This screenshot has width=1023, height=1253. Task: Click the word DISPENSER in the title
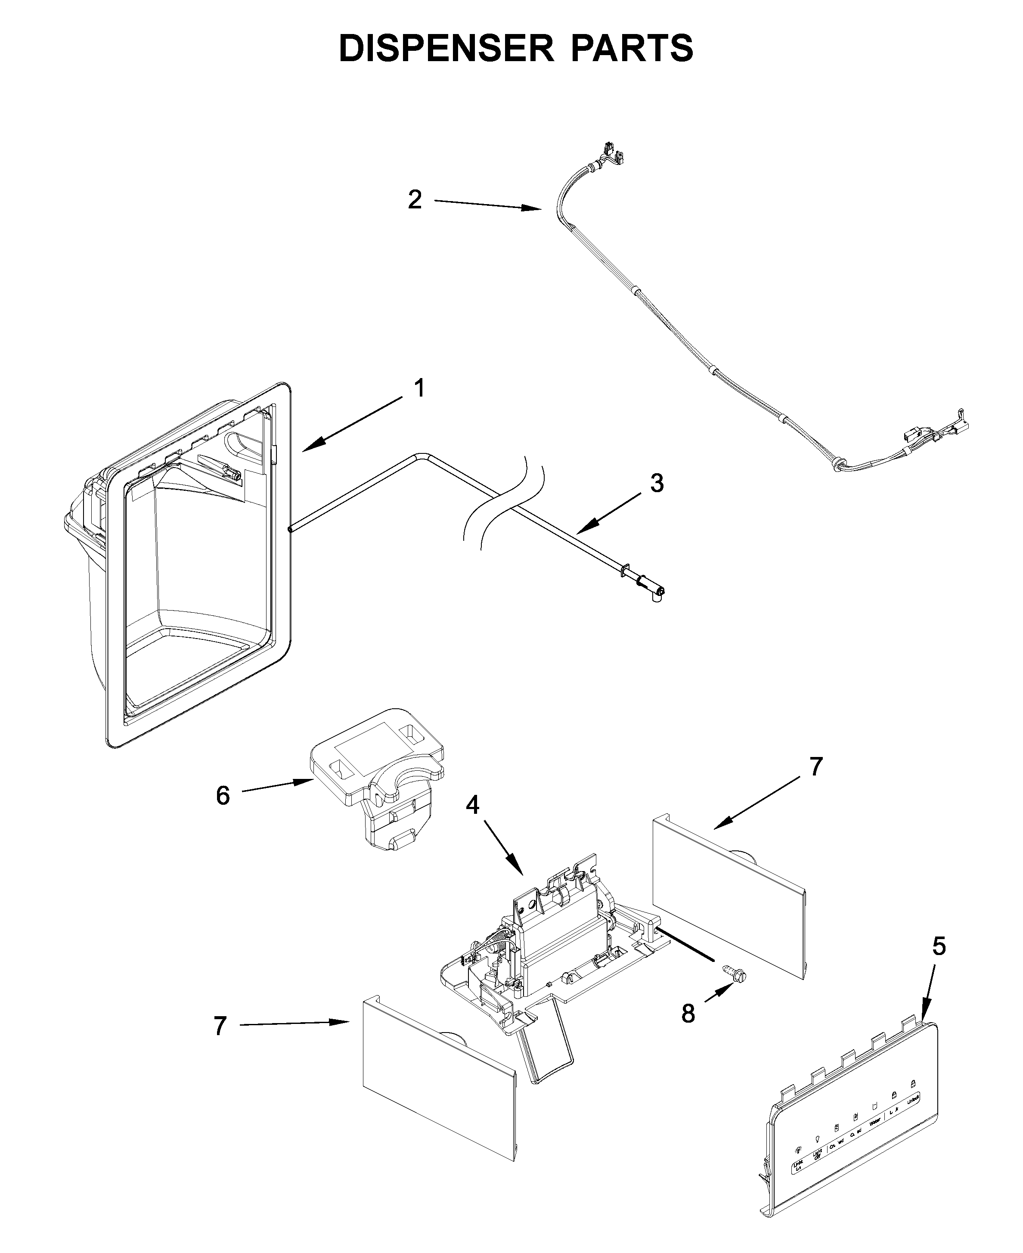coord(446,48)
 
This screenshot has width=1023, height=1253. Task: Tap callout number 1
coord(419,388)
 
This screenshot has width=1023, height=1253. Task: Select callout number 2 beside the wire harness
coord(415,200)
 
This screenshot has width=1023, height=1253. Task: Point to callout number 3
coord(657,483)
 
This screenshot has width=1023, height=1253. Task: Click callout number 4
coord(473,805)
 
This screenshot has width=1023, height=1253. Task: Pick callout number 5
coord(939,946)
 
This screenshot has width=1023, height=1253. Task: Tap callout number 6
coord(223,796)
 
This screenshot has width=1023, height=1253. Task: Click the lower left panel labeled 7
coord(439,1090)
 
